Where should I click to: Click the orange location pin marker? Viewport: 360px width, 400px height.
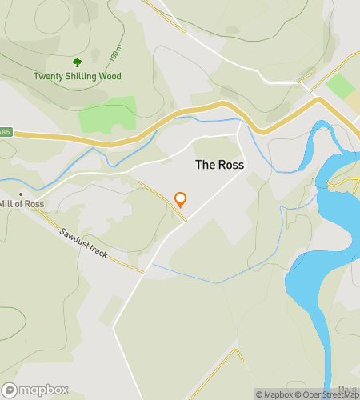pos(180,199)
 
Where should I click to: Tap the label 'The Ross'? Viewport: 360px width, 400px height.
pos(220,164)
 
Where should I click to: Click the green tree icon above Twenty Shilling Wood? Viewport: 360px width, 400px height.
pos(77,62)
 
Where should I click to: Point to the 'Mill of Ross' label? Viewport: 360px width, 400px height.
pos(22,204)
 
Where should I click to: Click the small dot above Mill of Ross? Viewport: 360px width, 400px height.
pos(21,194)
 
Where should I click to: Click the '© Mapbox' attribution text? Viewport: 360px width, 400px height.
pos(274,394)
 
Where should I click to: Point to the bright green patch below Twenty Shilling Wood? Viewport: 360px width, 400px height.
pos(108,117)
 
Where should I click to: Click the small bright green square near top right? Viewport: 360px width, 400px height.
pos(339,86)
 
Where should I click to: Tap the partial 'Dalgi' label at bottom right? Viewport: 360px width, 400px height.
pos(347,390)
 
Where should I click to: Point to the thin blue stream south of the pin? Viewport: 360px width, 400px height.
pos(216,282)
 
